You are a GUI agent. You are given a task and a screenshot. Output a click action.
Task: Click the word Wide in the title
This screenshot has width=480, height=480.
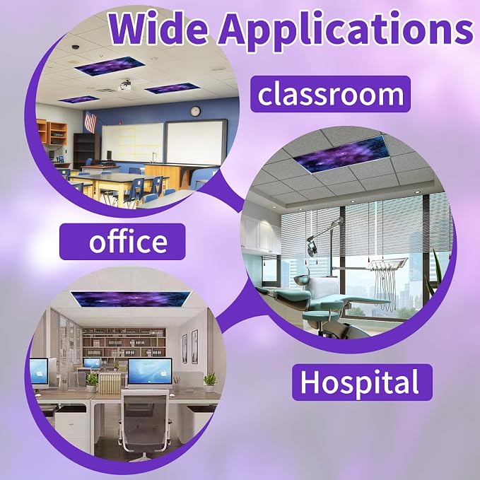coord(158,28)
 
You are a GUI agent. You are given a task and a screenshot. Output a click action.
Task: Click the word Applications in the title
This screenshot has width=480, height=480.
coord(346,30)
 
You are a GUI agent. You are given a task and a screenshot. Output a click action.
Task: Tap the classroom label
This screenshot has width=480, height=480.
coord(330,94)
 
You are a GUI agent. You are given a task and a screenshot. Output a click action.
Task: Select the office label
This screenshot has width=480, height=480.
coord(122,242)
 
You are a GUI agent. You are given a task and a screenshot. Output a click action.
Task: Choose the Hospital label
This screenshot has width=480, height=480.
coord(362,382)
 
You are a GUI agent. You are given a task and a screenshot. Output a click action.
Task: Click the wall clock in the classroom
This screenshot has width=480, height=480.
coord(195,111)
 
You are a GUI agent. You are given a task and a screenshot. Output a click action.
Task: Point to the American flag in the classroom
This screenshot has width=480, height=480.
coord(90,122)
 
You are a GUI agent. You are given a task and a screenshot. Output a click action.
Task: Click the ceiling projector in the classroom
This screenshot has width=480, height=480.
coord(127,86)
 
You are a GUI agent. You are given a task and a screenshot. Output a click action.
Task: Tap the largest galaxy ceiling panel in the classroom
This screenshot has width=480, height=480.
coord(110,66)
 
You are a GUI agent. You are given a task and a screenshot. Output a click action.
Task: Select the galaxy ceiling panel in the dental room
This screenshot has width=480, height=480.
coord(341,155)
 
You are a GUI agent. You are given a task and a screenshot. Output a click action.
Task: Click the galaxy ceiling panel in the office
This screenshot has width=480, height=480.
coord(131,299)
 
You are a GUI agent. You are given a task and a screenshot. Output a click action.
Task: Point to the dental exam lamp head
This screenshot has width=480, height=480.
coord(312,247)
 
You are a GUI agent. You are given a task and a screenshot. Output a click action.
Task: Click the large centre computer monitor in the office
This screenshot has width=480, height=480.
coord(150,373)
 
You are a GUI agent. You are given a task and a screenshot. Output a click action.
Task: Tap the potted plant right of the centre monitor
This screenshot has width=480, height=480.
coord(210,382)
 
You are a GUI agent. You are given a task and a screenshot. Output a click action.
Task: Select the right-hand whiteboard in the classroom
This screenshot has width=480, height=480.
coord(196,142)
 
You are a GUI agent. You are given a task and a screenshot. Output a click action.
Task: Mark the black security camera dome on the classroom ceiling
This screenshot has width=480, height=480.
coord(76,47)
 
